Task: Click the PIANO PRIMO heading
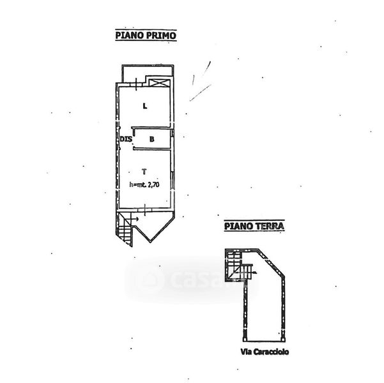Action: (146, 36)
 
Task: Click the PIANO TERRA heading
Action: (254, 225)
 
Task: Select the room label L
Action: (145, 106)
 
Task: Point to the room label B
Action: (151, 139)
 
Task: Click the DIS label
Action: (125, 139)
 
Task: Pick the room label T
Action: (145, 171)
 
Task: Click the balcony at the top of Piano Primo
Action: (146, 72)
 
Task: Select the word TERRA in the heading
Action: (271, 225)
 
